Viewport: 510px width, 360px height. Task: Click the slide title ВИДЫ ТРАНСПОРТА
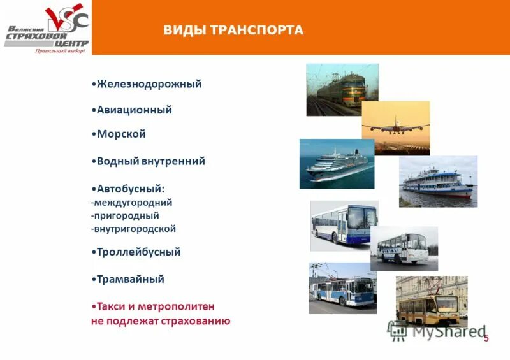(233, 31)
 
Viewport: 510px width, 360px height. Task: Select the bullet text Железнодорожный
(149, 83)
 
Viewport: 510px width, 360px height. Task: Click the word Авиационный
(134, 110)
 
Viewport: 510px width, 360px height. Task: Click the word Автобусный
(130, 189)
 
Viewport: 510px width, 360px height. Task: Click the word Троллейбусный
(138, 252)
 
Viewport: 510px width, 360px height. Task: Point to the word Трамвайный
(130, 279)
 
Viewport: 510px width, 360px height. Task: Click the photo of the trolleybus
(342, 288)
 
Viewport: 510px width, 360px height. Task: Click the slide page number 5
(486, 338)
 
